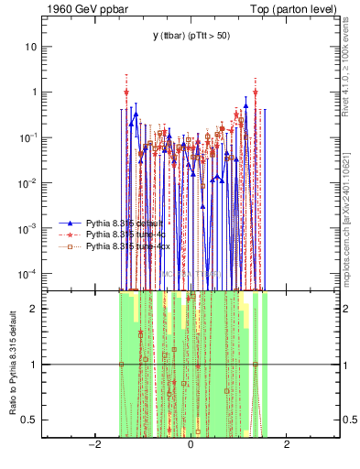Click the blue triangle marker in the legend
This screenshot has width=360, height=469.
tap(70, 224)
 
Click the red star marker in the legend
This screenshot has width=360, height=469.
tap(70, 235)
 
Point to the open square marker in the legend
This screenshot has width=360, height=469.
tap(70, 247)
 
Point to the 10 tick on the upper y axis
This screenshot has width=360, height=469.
tap(32, 47)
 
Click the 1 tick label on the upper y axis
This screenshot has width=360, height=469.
tap(35, 93)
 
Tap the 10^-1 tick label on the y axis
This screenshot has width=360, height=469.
tap(30, 137)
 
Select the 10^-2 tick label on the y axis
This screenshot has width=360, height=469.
tap(30, 183)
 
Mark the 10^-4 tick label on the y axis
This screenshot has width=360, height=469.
tap(30, 274)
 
